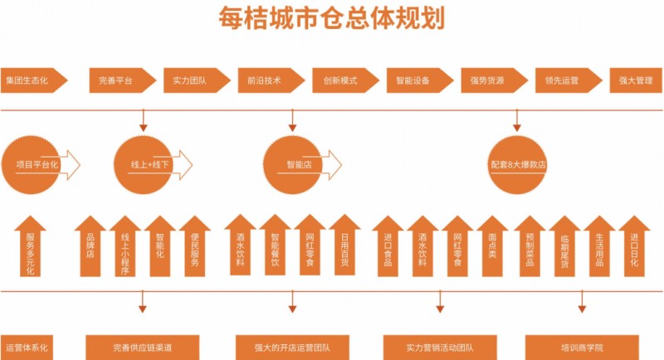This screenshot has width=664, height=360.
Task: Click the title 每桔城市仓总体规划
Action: click(331, 17)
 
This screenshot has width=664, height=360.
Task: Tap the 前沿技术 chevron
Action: click(265, 80)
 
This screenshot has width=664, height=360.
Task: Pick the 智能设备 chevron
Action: click(413, 80)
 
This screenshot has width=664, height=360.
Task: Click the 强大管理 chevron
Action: click(636, 80)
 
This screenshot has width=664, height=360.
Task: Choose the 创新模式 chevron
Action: click(339, 80)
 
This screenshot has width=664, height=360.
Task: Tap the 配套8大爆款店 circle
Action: click(519, 164)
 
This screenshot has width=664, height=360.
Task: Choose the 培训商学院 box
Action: click(581, 347)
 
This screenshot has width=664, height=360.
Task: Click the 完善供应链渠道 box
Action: click(143, 347)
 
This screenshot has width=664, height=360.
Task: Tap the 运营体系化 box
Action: click(29, 347)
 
